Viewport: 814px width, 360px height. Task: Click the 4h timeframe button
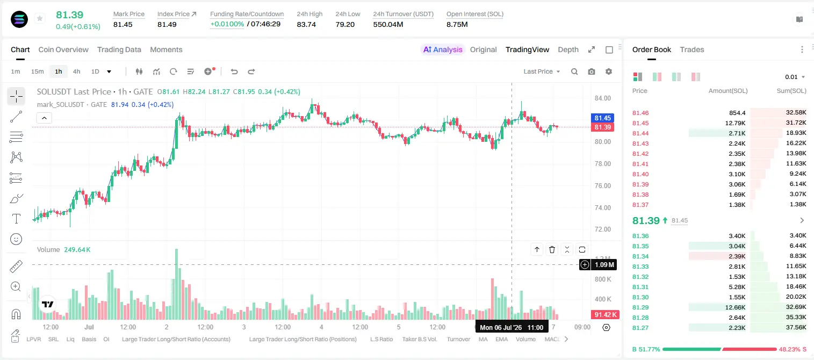pyautogui.click(x=76, y=71)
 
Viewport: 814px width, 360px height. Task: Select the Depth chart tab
pyautogui.click(x=568, y=49)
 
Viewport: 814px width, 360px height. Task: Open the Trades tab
pyautogui.click(x=692, y=49)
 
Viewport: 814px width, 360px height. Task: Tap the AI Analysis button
pyautogui.click(x=443, y=49)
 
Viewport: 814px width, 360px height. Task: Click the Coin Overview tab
pyautogui.click(x=63, y=49)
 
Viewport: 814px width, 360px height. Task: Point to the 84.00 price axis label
pyautogui.click(x=602, y=98)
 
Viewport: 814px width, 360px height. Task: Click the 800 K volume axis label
pyautogui.click(x=602, y=279)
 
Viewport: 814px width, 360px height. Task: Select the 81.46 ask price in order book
pyautogui.click(x=640, y=113)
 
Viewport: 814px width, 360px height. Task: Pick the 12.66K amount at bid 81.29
pyautogui.click(x=735, y=307)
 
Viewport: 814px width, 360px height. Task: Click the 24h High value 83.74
pyautogui.click(x=306, y=24)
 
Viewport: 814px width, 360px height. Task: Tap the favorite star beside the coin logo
pyautogui.click(x=40, y=18)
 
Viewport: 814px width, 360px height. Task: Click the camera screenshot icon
pyautogui.click(x=592, y=71)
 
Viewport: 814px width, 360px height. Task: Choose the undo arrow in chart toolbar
pyautogui.click(x=234, y=71)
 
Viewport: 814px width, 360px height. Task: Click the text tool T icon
pyautogui.click(x=16, y=219)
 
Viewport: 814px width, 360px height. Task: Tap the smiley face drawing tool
pyautogui.click(x=16, y=239)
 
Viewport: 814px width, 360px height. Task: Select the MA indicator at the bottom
pyautogui.click(x=483, y=339)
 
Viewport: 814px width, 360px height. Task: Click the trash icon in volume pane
pyautogui.click(x=552, y=249)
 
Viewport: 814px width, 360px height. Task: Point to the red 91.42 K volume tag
pyautogui.click(x=605, y=314)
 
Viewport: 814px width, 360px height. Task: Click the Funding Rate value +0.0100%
pyautogui.click(x=227, y=24)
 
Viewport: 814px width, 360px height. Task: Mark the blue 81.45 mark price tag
pyautogui.click(x=602, y=118)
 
